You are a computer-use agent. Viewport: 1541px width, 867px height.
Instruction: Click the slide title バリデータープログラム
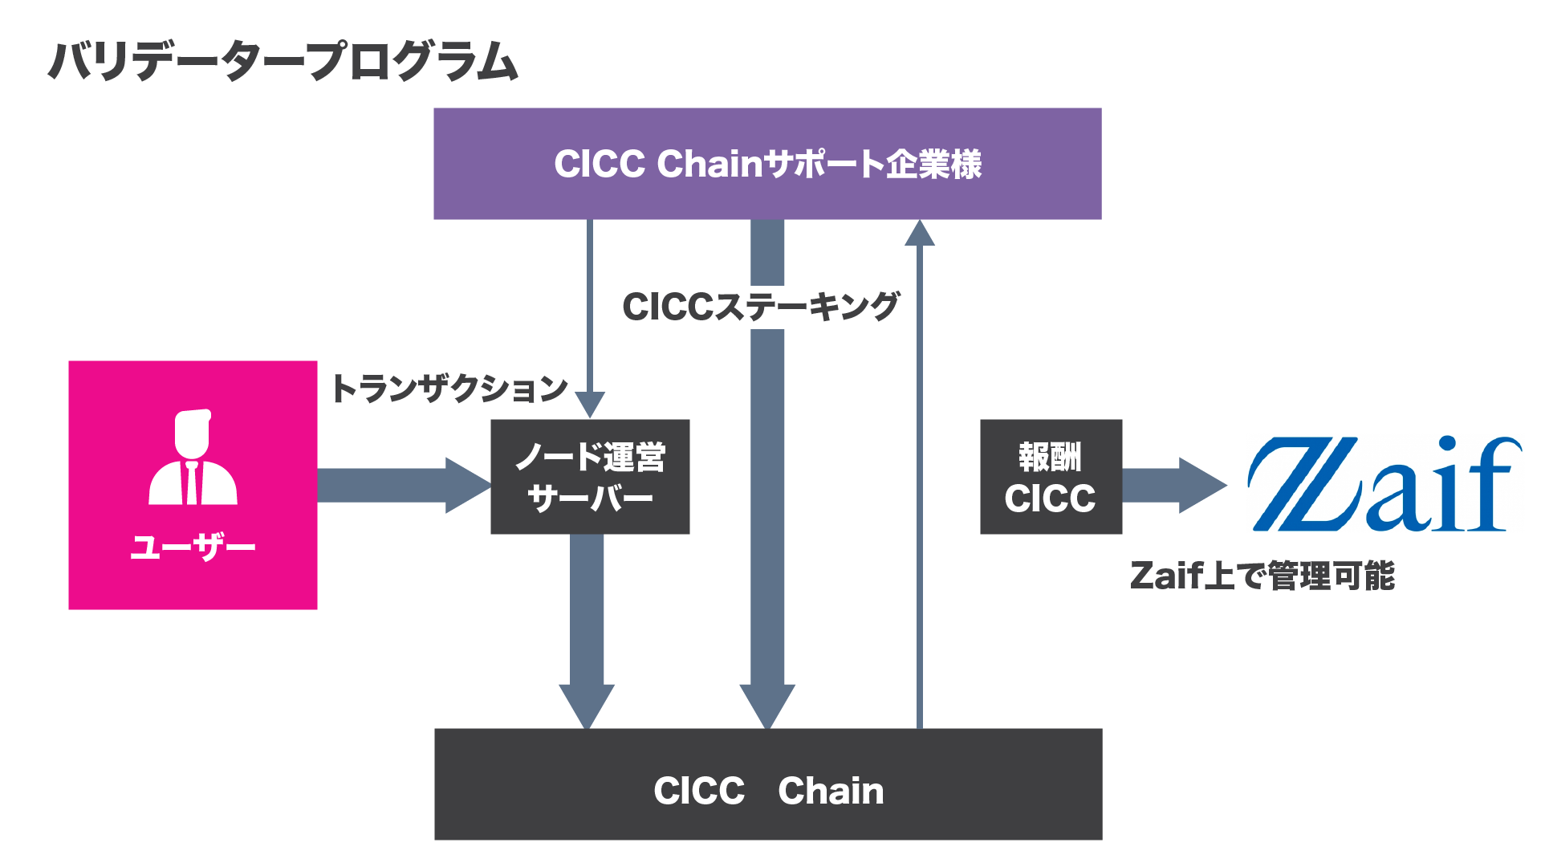coord(283,61)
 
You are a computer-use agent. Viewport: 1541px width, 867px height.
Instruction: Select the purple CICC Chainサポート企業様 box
coord(767,164)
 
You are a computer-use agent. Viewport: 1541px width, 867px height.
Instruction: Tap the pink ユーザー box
coord(193,485)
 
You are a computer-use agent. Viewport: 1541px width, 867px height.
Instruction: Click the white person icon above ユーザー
coord(193,457)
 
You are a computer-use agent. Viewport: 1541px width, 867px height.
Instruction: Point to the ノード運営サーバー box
coord(590,477)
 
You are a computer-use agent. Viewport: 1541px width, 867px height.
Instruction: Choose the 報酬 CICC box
coord(1051,477)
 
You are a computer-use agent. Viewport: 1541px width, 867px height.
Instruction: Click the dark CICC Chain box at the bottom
coord(768,784)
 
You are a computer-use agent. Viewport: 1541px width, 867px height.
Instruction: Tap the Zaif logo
coord(1384,484)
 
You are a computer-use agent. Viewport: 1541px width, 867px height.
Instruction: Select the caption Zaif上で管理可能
coord(1262,576)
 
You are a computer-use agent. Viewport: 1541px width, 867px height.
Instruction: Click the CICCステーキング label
coord(761,307)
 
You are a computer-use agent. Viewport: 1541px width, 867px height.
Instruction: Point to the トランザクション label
coord(449,389)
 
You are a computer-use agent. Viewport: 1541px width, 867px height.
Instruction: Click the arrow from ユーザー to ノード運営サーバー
coord(405,485)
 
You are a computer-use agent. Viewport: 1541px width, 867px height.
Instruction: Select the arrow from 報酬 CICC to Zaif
coord(1175,485)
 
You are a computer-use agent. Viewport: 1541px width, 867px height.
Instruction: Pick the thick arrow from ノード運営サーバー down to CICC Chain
coord(587,632)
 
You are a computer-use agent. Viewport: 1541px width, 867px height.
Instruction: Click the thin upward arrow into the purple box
coord(920,474)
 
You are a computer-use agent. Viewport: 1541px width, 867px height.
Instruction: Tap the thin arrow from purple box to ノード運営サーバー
coord(590,319)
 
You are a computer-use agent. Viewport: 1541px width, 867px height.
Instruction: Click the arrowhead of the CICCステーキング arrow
coord(767,706)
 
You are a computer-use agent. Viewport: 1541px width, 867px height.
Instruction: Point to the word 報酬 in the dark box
coord(1051,457)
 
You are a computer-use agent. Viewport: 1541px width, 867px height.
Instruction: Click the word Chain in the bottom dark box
coord(831,791)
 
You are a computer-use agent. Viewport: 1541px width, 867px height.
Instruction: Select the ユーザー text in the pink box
coord(193,547)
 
